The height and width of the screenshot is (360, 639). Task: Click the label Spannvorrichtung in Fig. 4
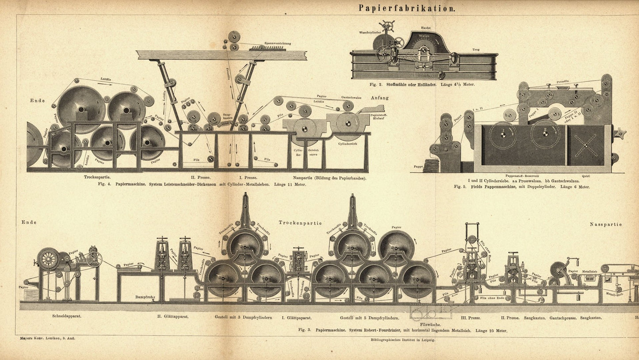(278, 43)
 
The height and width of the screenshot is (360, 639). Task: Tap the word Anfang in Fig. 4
(379, 98)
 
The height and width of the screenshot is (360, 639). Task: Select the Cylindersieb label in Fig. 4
(347, 144)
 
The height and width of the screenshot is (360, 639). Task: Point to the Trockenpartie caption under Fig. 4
(97, 177)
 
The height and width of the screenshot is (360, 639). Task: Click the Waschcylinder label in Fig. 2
(370, 32)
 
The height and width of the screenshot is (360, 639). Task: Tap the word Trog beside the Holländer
(476, 50)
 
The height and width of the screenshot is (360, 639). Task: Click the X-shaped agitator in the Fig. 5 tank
(586, 145)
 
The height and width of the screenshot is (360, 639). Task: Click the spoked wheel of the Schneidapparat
(48, 258)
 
